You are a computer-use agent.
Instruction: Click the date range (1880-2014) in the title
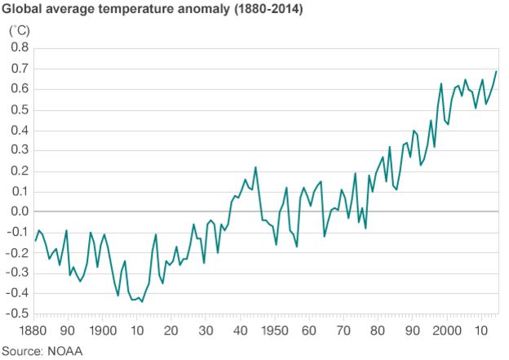[268, 11]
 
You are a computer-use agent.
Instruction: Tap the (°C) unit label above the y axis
[20, 31]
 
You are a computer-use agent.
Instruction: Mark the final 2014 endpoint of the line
[496, 72]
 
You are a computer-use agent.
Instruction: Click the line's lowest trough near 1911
[142, 302]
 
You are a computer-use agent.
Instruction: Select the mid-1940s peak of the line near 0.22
[255, 167]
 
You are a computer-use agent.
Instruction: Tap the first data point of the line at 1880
[34, 240]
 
